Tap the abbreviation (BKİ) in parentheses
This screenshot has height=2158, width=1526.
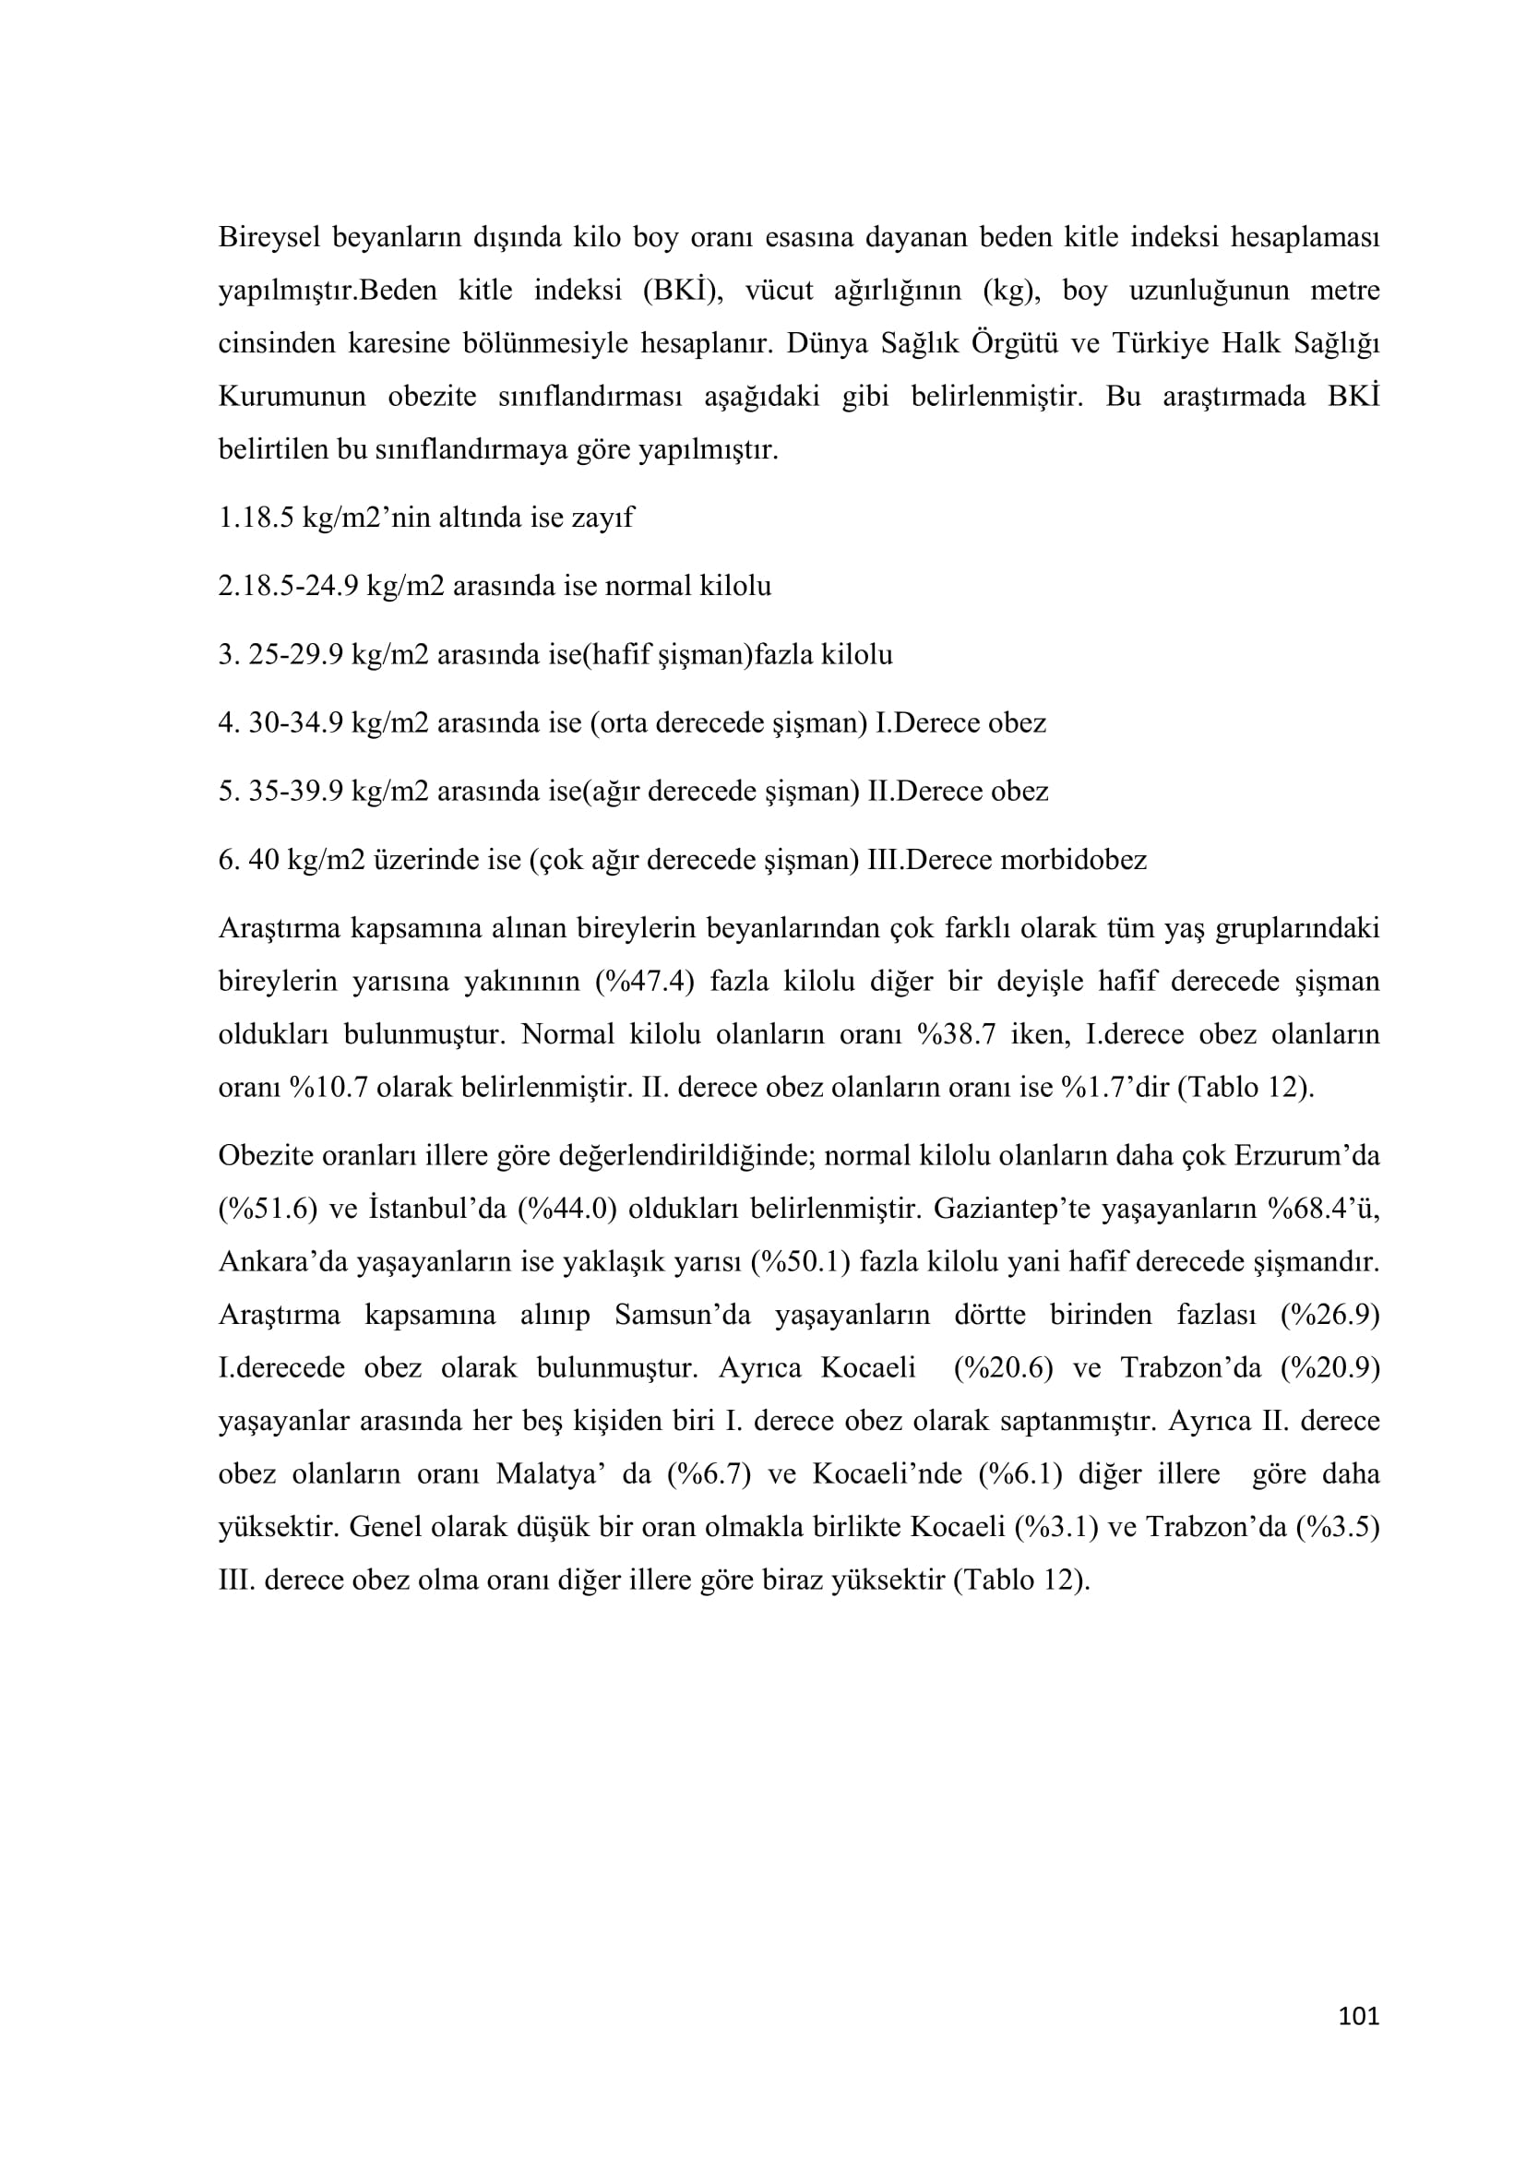pos(680,291)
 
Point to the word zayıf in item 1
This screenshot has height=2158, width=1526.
pos(604,517)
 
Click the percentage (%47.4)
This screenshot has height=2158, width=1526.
pos(644,982)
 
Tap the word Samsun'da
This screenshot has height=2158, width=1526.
pos(683,1314)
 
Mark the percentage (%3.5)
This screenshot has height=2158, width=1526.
pos(1337,1527)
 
